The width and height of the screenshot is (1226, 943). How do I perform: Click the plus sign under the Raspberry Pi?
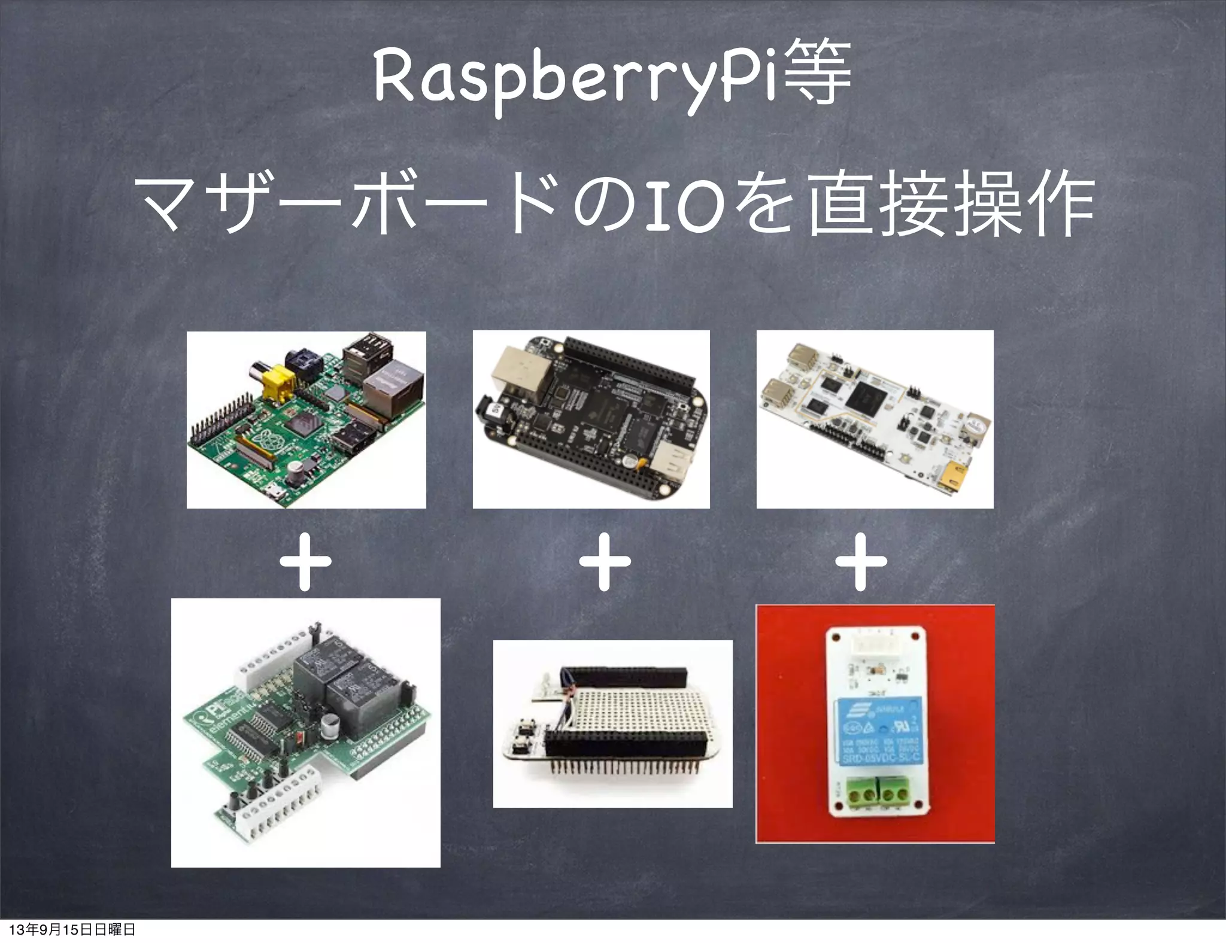pyautogui.click(x=305, y=562)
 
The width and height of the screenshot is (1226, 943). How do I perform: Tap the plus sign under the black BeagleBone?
pyautogui.click(x=605, y=562)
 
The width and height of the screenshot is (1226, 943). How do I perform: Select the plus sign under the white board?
pyautogui.click(x=861, y=562)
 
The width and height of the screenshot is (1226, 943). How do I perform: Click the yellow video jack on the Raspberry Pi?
pyautogui.click(x=279, y=382)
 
